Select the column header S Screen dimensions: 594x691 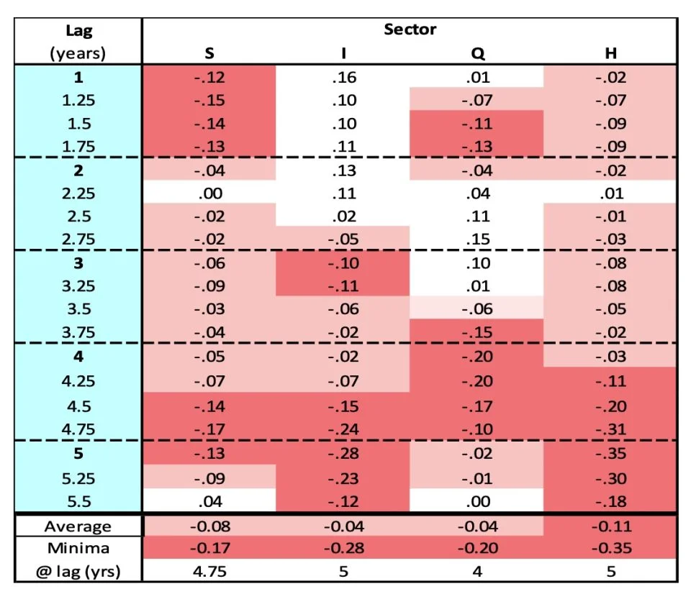coord(209,53)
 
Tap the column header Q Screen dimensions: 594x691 coord(477,53)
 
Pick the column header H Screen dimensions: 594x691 coord(610,53)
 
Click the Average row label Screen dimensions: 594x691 coord(78,526)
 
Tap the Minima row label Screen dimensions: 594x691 coord(78,548)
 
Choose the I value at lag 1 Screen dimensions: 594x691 coord(344,77)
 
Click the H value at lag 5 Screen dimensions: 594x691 coord(610,453)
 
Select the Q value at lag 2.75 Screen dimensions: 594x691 coord(477,239)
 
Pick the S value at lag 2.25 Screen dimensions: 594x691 coord(209,193)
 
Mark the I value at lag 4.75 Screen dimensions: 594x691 coord(344,429)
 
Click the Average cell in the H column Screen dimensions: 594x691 coord(610,526)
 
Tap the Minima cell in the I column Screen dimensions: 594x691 coord(344,548)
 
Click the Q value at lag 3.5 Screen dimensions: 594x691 coord(477,309)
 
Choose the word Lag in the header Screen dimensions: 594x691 coord(78,31)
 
